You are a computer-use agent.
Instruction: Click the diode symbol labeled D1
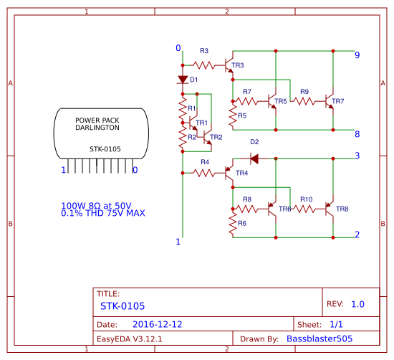[183, 80]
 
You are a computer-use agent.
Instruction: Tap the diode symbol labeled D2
[254, 158]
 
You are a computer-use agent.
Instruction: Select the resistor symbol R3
[204, 65]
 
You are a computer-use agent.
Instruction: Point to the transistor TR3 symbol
[230, 65]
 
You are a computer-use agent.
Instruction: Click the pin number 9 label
[357, 55]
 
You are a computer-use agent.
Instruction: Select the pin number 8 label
[357, 134]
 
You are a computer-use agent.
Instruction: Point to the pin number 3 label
[357, 156]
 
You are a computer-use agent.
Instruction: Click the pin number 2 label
[357, 235]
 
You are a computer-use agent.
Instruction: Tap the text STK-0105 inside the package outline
[105, 149]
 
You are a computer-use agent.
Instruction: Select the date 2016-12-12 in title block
[157, 324]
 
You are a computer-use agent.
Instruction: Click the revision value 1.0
[357, 304]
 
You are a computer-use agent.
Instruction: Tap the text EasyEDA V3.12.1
[130, 338]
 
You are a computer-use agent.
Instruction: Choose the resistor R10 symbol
[307, 209]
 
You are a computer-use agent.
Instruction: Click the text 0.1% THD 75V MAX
[103, 214]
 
